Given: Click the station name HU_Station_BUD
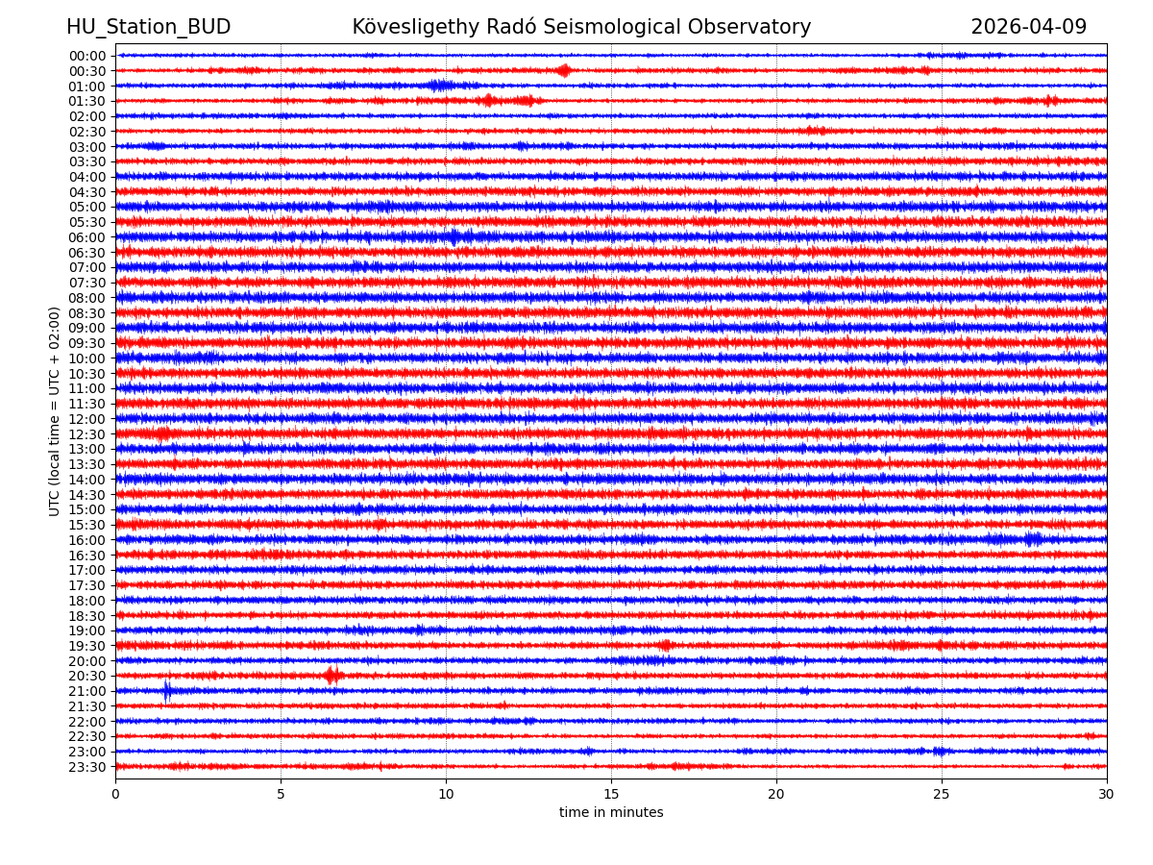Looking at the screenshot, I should point(148,27).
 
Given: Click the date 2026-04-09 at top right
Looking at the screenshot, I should point(1028,27).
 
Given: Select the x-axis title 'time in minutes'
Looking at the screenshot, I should point(611,813).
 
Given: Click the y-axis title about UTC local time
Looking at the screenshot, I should point(55,411).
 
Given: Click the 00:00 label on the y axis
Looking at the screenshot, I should point(87,56).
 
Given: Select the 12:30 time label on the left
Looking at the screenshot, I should point(87,434).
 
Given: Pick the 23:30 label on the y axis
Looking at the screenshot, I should point(87,767).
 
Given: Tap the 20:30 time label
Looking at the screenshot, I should point(87,677).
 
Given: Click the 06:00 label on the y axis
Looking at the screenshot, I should point(87,237).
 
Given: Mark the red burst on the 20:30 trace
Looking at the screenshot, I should point(332,676).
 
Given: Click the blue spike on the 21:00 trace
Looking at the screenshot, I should point(167,691).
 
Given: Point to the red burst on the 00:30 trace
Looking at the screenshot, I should point(564,70).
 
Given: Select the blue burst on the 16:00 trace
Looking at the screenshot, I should point(1033,539).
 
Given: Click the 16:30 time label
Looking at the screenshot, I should point(87,556).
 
